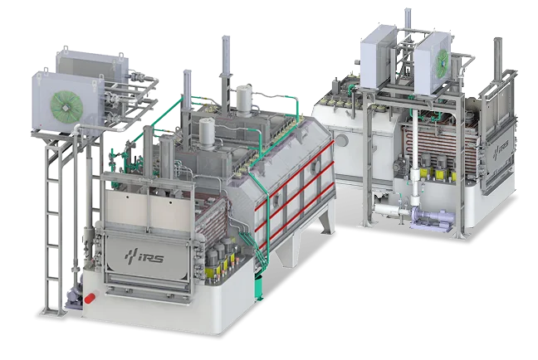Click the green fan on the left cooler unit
tap(67, 105)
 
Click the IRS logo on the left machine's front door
tap(144, 255)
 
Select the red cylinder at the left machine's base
tap(91, 298)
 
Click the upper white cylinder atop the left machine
tap(244, 100)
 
